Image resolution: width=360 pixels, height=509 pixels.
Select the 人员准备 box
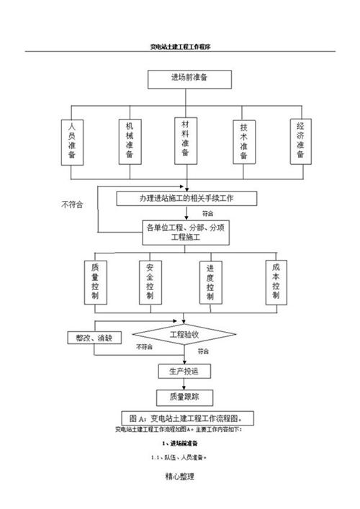coord(71,143)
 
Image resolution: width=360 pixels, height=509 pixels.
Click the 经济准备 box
coord(300,141)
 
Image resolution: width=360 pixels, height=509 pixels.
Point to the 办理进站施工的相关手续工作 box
coord(186,197)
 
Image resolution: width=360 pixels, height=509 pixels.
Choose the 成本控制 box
coord(275,281)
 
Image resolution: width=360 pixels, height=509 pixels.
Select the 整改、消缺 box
coord(95,337)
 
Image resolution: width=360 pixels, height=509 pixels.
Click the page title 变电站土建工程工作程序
coord(179,45)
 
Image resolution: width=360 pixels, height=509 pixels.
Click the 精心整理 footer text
coord(179,477)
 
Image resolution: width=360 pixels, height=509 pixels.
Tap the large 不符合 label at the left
coord(72,204)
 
